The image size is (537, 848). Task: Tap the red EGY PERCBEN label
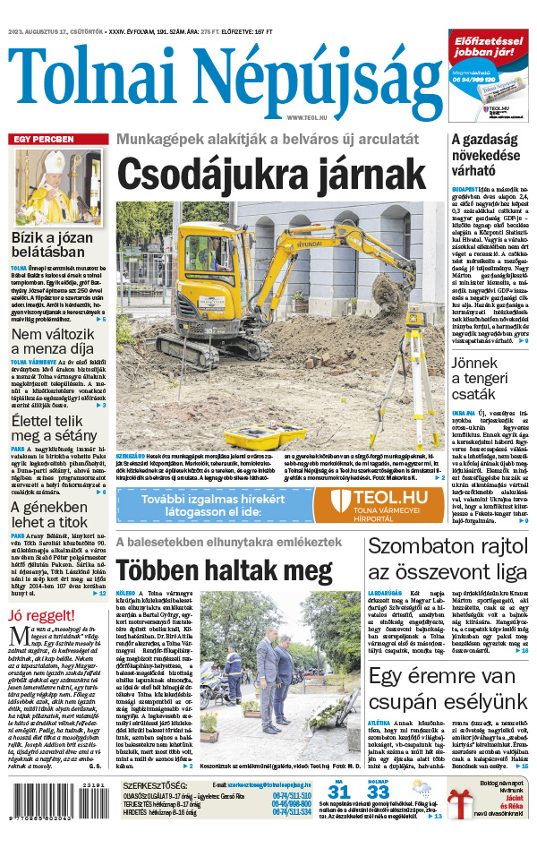point(41,140)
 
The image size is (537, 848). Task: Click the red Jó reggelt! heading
point(41,617)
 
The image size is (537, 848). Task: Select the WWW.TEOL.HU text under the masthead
point(308,117)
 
